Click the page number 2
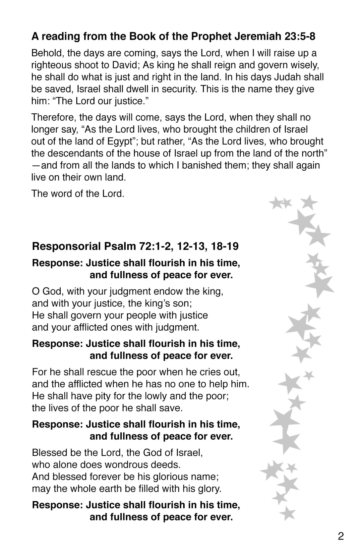(341, 536)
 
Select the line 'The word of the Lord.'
(78, 194)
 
